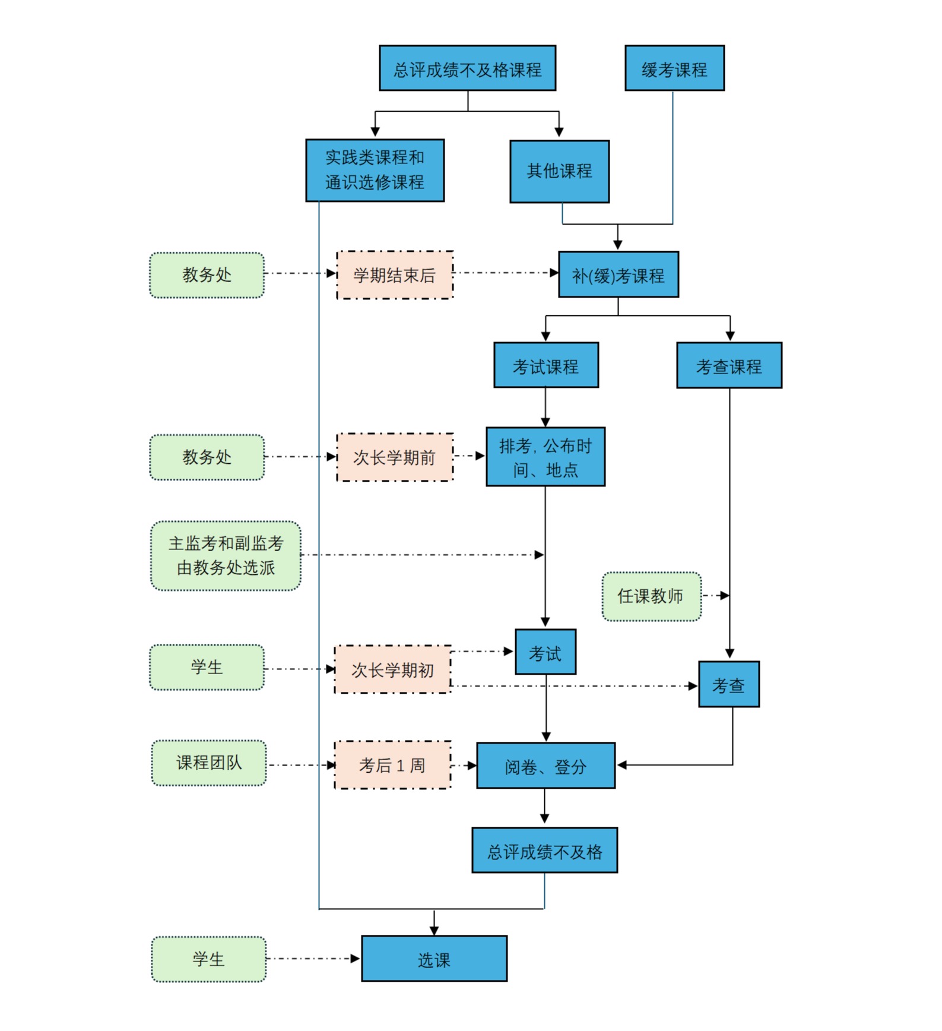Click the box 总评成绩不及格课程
click(467, 68)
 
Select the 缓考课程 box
click(674, 68)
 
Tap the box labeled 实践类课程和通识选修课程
click(375, 170)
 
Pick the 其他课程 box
click(559, 172)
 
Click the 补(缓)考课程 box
click(618, 275)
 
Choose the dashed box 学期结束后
click(395, 275)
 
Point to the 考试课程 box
click(545, 365)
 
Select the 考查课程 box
click(729, 365)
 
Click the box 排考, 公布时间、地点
click(545, 457)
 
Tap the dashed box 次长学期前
click(395, 457)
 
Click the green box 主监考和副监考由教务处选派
click(226, 556)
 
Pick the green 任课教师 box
click(651, 596)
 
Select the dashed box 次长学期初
click(392, 669)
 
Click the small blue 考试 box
click(545, 652)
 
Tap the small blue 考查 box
click(728, 685)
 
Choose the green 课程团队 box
click(209, 763)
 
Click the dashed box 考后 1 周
click(392, 765)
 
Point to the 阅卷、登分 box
click(545, 766)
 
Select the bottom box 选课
click(434, 959)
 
